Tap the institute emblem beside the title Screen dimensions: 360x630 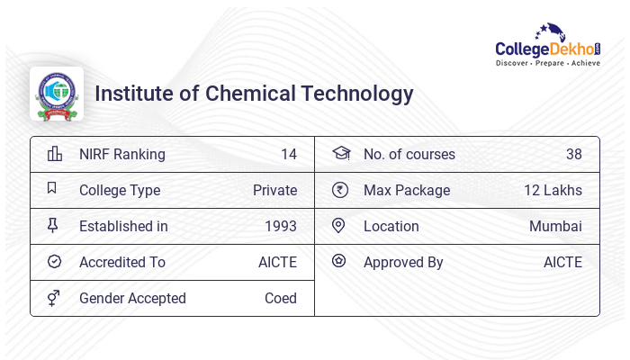(x=57, y=94)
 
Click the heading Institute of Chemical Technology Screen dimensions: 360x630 (x=254, y=94)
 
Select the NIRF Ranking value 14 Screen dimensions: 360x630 (x=288, y=154)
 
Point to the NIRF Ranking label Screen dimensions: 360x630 (x=122, y=154)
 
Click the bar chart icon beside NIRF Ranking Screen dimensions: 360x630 (x=54, y=154)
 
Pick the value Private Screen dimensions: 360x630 (x=274, y=190)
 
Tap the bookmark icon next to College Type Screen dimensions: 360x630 (x=53, y=189)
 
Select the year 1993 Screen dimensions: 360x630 (x=281, y=226)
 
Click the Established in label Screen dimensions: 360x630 (x=123, y=226)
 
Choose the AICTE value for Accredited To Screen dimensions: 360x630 (x=277, y=262)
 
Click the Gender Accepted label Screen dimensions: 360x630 (x=132, y=298)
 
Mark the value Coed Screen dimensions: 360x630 (x=280, y=298)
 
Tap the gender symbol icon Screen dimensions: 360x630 (x=54, y=298)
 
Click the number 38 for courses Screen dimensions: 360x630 (x=573, y=154)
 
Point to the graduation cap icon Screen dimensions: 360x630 (x=340, y=153)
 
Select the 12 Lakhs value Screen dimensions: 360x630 (x=553, y=190)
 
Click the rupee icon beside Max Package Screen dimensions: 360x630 (x=339, y=190)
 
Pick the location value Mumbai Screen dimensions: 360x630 (x=555, y=226)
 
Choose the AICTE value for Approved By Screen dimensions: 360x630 (x=562, y=262)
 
